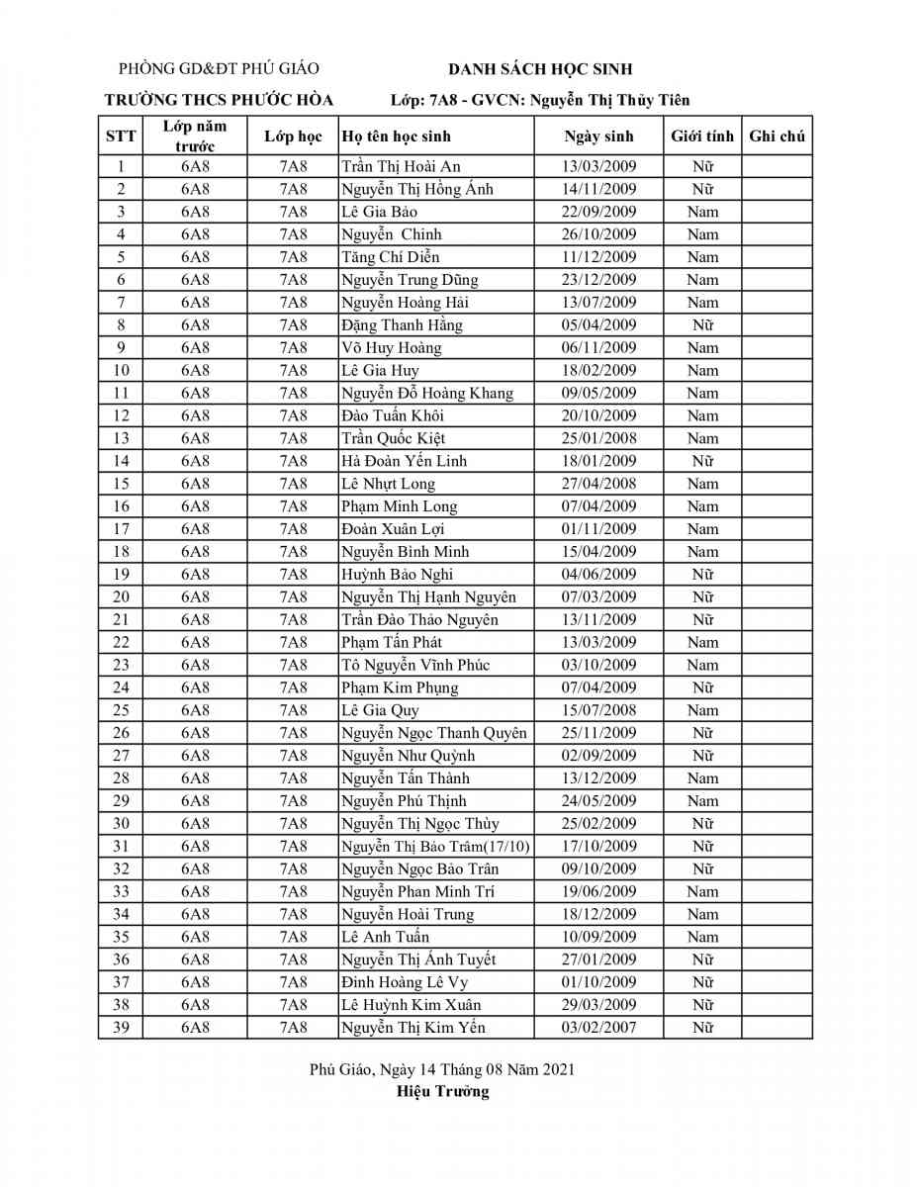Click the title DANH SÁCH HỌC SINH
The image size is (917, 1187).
pos(540,68)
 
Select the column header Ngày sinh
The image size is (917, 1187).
pos(598,137)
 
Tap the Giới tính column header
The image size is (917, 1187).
pos(702,137)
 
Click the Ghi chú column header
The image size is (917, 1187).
pos(777,137)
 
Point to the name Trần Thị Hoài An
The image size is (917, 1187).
pos(401,166)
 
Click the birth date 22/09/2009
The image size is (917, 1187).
pos(598,212)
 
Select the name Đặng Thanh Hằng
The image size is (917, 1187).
pos(402,325)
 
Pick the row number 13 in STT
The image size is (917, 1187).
pos(121,438)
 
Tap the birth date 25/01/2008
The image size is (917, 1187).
pos(598,438)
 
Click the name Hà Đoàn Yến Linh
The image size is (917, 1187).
pos(404,461)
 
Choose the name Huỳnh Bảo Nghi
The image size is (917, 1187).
pos(398,575)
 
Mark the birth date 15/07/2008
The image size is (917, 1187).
pos(598,710)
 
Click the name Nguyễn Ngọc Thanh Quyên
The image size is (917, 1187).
pos(433,733)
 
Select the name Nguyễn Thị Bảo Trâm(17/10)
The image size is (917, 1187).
pos(435,847)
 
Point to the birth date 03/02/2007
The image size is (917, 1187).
pos(598,1028)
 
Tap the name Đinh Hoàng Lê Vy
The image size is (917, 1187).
pos(405,982)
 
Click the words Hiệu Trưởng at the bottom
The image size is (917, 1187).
pos(442,1092)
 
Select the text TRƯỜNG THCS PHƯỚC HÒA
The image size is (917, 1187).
pos(219,100)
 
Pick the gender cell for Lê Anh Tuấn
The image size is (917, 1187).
pos(702,937)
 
